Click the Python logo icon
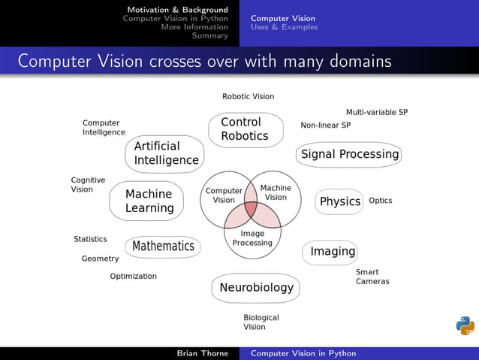465,325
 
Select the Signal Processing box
349,155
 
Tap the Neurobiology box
256,288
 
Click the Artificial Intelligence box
165,153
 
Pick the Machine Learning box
148,201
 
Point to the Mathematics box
163,246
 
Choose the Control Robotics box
245,129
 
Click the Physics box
339,201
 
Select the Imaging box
332,251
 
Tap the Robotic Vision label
248,96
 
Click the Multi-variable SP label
376,112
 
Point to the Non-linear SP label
325,126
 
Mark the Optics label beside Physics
380,201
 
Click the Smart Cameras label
372,277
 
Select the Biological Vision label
261,322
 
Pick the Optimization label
133,277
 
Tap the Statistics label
90,239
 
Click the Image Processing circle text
252,238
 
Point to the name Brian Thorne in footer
202,353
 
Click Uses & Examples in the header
284,27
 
